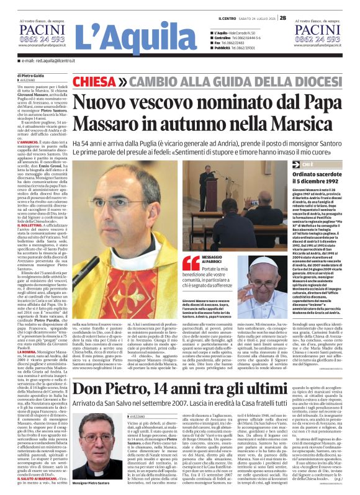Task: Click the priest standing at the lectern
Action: (x=205, y=180)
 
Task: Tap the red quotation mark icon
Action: (x=191, y=264)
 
